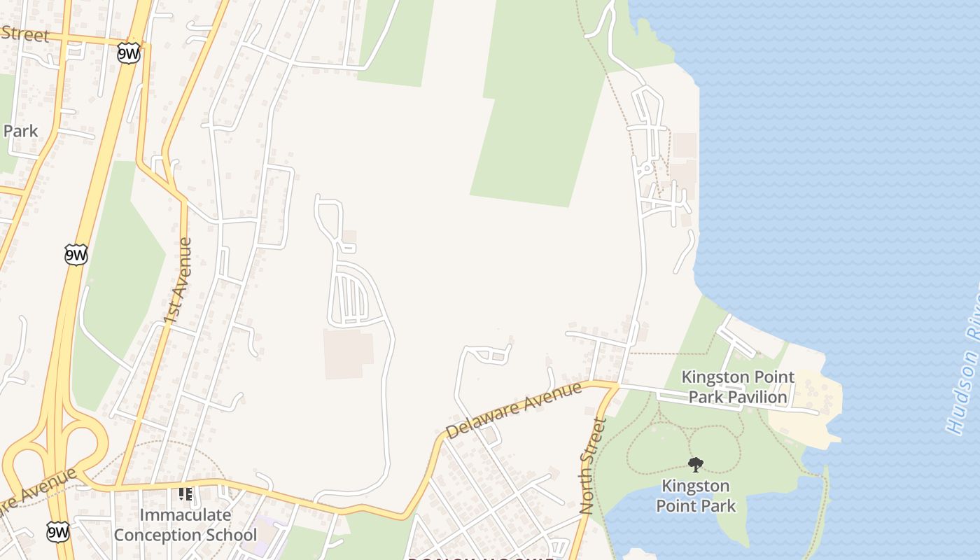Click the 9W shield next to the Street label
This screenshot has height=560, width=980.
coord(129,54)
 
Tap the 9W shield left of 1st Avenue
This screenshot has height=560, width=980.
coord(76,254)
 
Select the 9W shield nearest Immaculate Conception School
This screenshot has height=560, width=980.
coord(59,531)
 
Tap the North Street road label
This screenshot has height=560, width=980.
coord(592,465)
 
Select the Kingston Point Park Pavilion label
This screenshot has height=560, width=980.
coord(738,387)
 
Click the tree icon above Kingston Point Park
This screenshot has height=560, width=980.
coord(695,464)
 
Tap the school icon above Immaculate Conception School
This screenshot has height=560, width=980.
coord(185,494)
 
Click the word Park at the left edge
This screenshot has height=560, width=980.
coord(20,131)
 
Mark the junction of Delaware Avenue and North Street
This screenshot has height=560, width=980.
coord(617,384)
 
